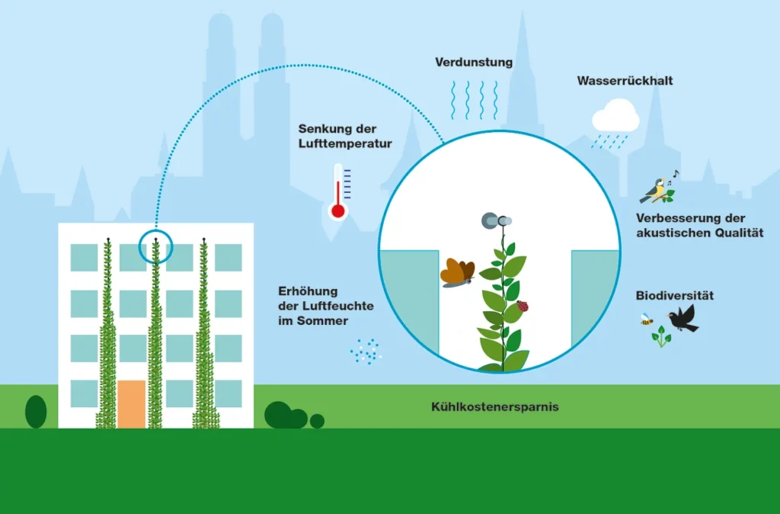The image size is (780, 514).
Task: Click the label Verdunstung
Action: pyautogui.click(x=474, y=61)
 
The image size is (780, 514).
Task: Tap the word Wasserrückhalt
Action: pyautogui.click(x=625, y=80)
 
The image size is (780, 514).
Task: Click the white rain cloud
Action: pyautogui.click(x=615, y=118)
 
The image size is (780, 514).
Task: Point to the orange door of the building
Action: pyautogui.click(x=131, y=403)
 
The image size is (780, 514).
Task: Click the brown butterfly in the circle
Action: pyautogui.click(x=457, y=273)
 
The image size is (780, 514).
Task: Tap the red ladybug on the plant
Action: pyautogui.click(x=523, y=307)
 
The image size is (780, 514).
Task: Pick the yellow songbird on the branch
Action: pyautogui.click(x=656, y=190)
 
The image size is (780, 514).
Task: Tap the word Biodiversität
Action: pyautogui.click(x=675, y=295)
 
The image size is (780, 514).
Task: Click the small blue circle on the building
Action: pyautogui.click(x=155, y=246)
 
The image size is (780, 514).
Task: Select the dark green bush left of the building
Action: pyautogui.click(x=36, y=411)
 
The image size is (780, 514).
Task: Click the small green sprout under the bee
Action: pyautogui.click(x=661, y=336)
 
